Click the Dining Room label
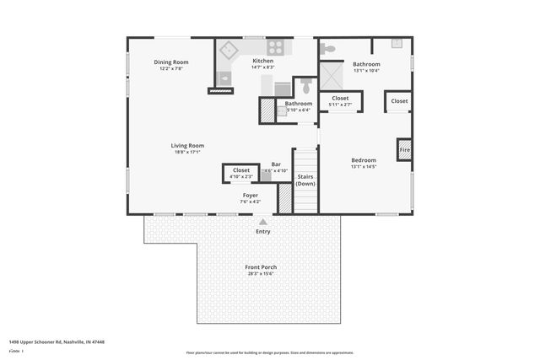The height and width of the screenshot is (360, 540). pyautogui.click(x=170, y=62)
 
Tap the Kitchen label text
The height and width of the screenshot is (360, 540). pyautogui.click(x=262, y=61)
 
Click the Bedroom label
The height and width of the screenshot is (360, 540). pyautogui.click(x=364, y=160)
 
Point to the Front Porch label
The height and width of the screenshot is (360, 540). pyautogui.click(x=261, y=266)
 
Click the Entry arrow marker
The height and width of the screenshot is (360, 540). pyautogui.click(x=263, y=222)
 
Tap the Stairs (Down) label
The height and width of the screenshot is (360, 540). pyautogui.click(x=305, y=180)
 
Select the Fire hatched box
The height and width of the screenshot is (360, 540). pyautogui.click(x=404, y=149)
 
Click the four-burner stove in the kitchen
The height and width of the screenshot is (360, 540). pyautogui.click(x=275, y=47)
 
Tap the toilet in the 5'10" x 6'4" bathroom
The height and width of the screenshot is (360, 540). pyautogui.click(x=306, y=86)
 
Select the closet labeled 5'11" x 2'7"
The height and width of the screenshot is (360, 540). pyautogui.click(x=340, y=101)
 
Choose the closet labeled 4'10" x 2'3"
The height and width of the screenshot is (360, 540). pyautogui.click(x=240, y=173)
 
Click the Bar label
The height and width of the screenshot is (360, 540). pyautogui.click(x=276, y=165)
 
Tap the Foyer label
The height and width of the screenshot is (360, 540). pyautogui.click(x=251, y=196)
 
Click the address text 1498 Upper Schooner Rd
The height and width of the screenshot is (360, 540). pyautogui.click(x=50, y=342)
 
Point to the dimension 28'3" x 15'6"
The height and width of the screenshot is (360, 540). pyautogui.click(x=261, y=273)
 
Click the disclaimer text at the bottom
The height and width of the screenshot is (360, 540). pyautogui.click(x=269, y=352)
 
